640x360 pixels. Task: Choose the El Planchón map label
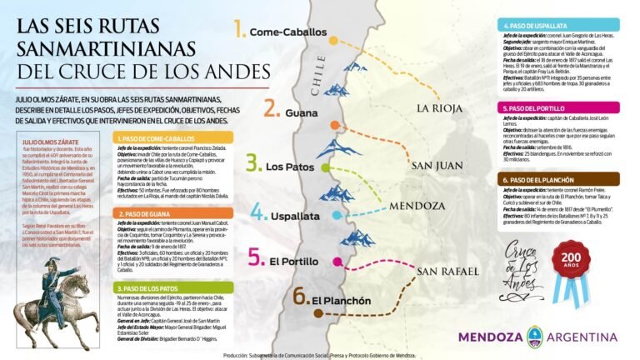pyautogui.click(x=342, y=300)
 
